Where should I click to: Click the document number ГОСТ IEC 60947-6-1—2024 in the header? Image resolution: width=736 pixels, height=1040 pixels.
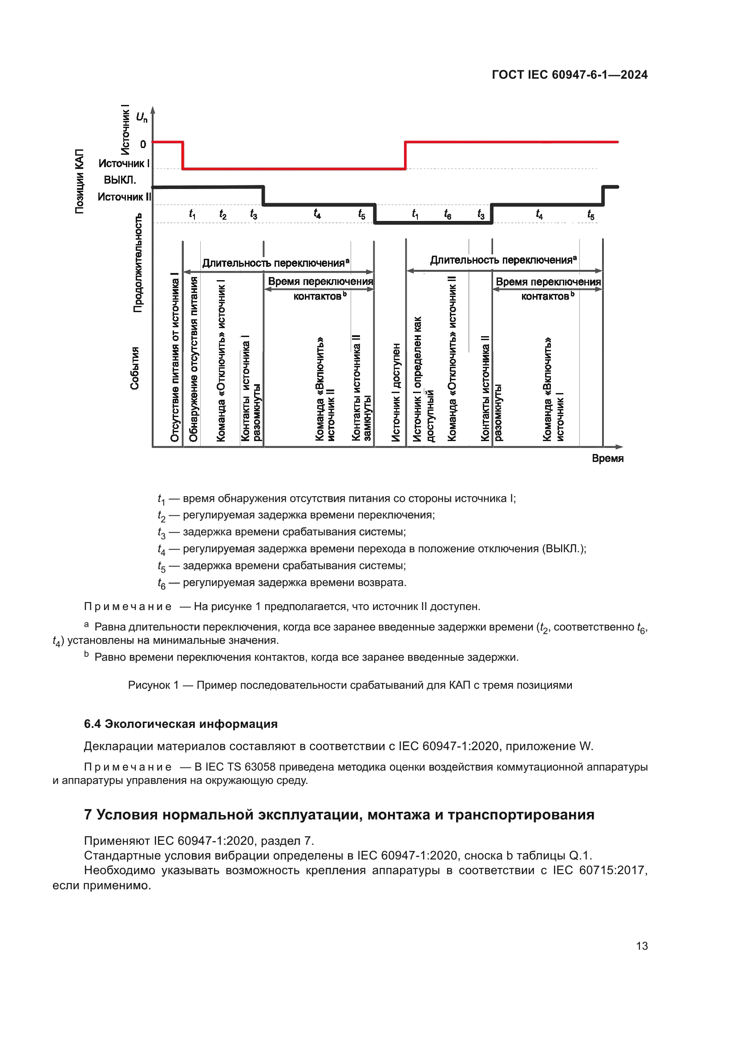[569, 75]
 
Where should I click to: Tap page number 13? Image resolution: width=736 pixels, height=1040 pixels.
[642, 946]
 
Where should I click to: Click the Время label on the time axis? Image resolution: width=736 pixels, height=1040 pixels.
[607, 458]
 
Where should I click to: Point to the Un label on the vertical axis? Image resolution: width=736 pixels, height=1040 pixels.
[142, 117]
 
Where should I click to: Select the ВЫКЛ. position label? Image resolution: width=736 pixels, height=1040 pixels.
[120, 180]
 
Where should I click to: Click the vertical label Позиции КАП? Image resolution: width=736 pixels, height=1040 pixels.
[79, 181]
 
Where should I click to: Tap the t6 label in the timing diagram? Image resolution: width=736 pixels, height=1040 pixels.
[447, 214]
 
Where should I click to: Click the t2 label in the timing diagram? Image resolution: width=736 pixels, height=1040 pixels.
[222, 214]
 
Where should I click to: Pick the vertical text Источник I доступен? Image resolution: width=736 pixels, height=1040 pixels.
[396, 392]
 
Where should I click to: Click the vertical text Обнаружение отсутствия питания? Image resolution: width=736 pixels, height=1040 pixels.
[194, 359]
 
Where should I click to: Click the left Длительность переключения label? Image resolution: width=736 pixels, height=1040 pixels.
[275, 263]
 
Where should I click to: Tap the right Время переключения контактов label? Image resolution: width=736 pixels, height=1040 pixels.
[547, 289]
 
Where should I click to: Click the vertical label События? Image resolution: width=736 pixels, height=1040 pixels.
[134, 368]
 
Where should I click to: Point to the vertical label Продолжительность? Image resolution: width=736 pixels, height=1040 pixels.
[138, 263]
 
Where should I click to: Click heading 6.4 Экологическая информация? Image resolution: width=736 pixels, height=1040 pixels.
[180, 724]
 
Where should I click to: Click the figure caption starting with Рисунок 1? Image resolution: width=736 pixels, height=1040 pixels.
[349, 685]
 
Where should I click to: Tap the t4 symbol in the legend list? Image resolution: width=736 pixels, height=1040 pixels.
[162, 550]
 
